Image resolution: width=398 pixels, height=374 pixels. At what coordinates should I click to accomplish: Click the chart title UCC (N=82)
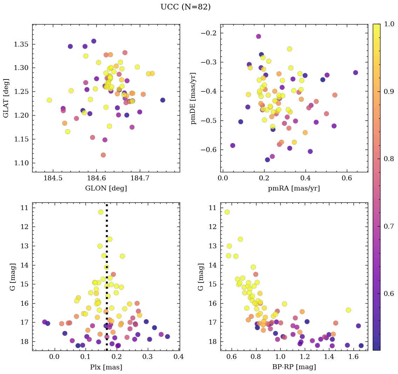[x=185, y=7]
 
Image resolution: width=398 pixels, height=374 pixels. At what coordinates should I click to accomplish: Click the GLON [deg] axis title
[x=106, y=188]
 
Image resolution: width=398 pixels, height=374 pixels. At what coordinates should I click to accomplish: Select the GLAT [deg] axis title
[x=6, y=98]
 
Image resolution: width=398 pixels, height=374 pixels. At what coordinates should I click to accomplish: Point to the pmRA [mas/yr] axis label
[x=294, y=188]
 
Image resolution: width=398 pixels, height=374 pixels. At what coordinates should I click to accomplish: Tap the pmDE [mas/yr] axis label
[x=193, y=98]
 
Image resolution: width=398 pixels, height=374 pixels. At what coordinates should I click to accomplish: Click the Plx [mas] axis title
[x=106, y=367]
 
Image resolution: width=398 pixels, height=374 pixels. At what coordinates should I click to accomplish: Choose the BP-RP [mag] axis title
[x=294, y=367]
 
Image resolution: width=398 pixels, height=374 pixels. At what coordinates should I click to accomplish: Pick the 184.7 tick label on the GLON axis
[x=140, y=179]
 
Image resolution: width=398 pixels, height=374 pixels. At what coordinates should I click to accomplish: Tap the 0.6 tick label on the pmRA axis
[x=347, y=179]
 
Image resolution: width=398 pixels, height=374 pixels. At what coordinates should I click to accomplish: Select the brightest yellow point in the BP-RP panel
[x=227, y=212]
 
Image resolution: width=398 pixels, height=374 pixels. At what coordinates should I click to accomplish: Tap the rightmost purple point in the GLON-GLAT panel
[x=163, y=100]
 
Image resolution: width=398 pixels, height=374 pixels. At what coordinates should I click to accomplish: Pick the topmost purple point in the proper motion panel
[x=259, y=36]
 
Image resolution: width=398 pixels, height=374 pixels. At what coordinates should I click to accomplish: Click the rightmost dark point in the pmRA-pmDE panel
[x=356, y=72]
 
